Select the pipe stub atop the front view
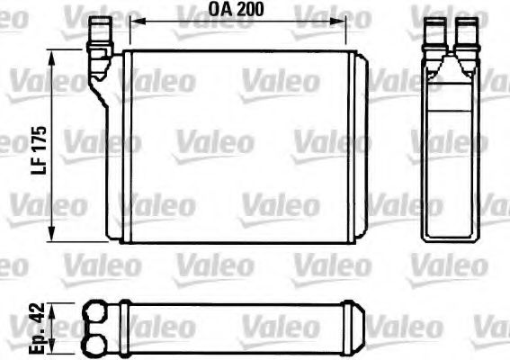[x=99, y=37]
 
